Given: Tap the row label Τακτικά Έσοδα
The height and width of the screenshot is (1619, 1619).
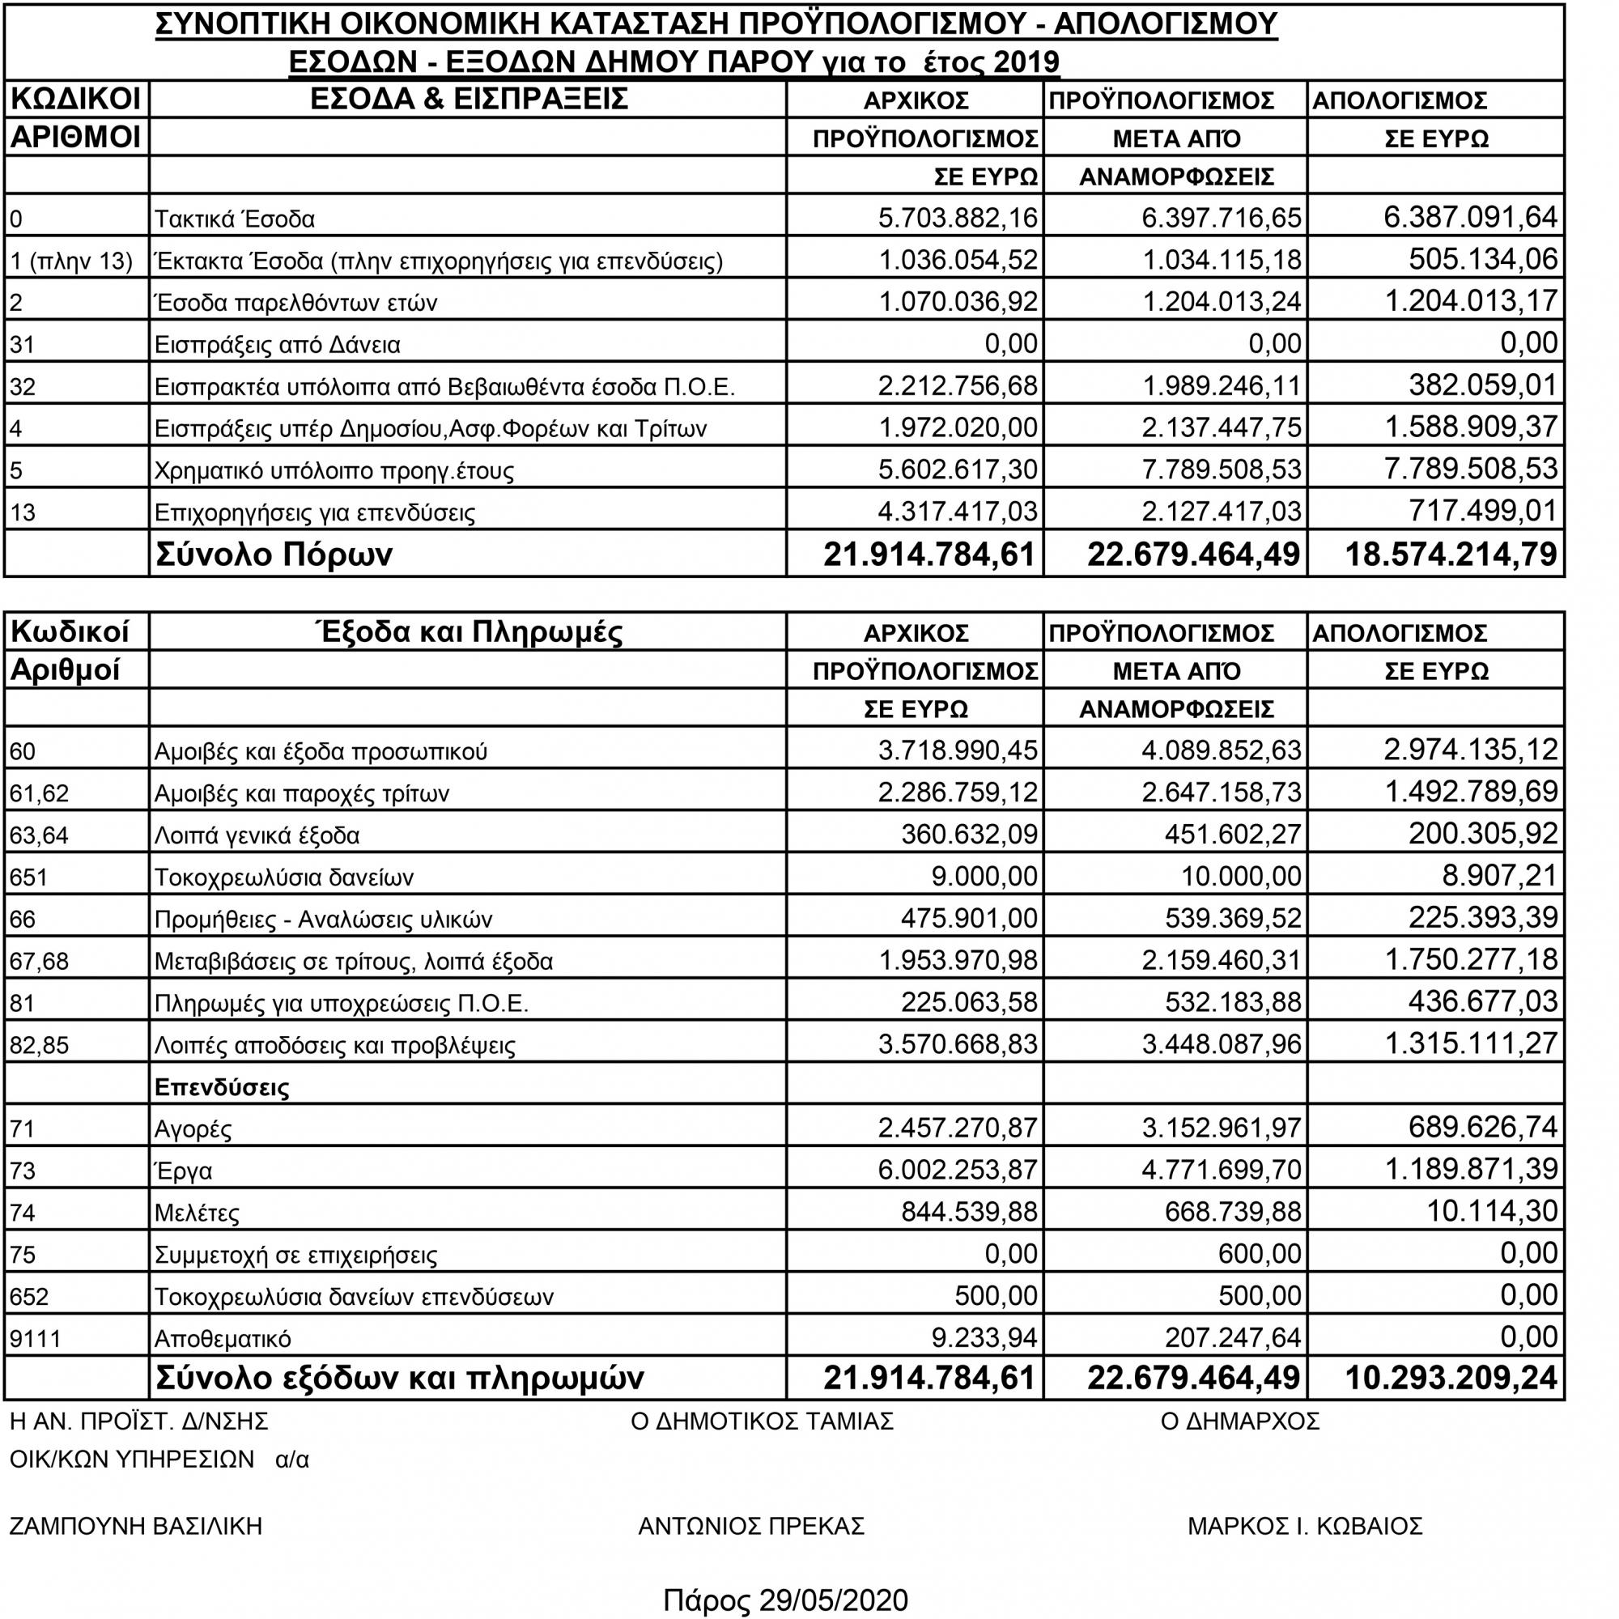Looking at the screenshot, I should pyautogui.click(x=235, y=219).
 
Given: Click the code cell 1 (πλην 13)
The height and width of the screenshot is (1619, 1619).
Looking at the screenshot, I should pyautogui.click(x=71, y=261).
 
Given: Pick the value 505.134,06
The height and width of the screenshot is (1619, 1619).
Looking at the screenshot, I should pyautogui.click(x=1483, y=259).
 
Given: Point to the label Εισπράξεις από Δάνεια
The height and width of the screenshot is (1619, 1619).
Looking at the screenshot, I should pyautogui.click(x=278, y=344).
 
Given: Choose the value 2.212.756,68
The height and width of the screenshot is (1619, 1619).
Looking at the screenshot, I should pyautogui.click(x=957, y=385).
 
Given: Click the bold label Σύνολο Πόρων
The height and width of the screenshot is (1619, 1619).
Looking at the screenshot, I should pyautogui.click(x=274, y=555).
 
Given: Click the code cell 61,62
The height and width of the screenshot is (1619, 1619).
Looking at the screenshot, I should pyautogui.click(x=39, y=793).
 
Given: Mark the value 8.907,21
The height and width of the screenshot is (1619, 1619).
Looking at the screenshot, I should pyautogui.click(x=1496, y=876).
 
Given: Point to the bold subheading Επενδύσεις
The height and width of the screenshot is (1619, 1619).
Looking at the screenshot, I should pyautogui.click(x=222, y=1088).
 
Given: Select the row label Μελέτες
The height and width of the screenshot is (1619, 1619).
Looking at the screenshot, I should pyautogui.click(x=197, y=1213).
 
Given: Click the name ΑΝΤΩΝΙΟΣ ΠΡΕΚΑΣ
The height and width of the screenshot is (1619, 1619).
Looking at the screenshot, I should pyautogui.click(x=751, y=1525).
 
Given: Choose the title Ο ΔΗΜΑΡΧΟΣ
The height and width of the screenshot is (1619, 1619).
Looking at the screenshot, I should pyautogui.click(x=1240, y=1421).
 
